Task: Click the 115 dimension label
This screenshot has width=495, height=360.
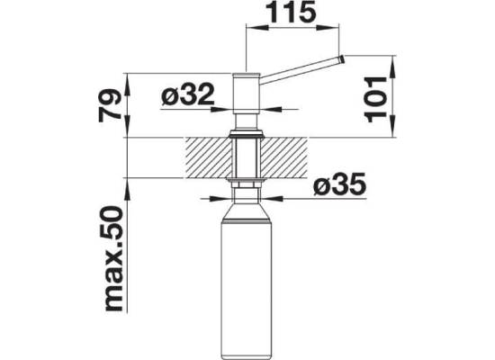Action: coord(291,13)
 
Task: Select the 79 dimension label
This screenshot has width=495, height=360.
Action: coord(110,105)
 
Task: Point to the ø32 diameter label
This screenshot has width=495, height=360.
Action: coord(187,94)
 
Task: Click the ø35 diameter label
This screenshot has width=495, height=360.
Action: coord(339,184)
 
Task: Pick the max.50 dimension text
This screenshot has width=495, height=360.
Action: coord(112,258)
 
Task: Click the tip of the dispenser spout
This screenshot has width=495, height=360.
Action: coord(342,59)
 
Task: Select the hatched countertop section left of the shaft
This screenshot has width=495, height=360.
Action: coord(208,157)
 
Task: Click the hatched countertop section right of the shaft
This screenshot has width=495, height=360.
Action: coord(283,157)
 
